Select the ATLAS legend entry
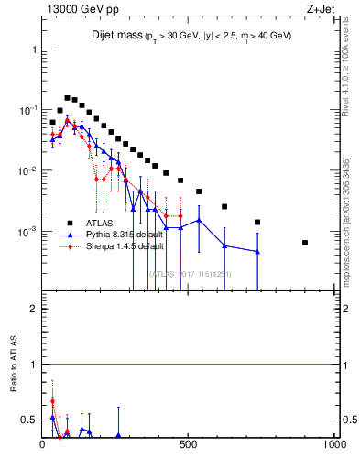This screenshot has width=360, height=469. pyautogui.click(x=100, y=222)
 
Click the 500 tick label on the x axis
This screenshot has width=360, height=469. pyautogui.click(x=189, y=446)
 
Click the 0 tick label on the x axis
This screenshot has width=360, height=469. pyautogui.click(x=43, y=446)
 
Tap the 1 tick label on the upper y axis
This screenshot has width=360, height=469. pyautogui.click(x=35, y=49)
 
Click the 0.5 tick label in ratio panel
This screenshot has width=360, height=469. pyautogui.click(x=29, y=420)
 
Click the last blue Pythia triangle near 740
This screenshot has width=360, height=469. pyautogui.click(x=257, y=252)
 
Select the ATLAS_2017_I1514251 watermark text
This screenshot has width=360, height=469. pyautogui.click(x=190, y=274)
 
